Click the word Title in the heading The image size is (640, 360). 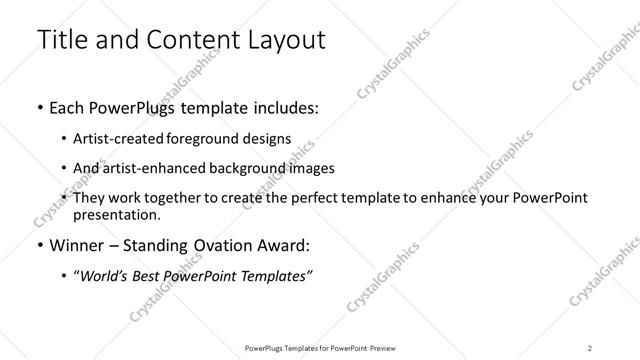61,41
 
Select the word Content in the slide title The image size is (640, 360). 190,41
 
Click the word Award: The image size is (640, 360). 286,245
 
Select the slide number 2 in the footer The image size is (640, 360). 590,348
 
